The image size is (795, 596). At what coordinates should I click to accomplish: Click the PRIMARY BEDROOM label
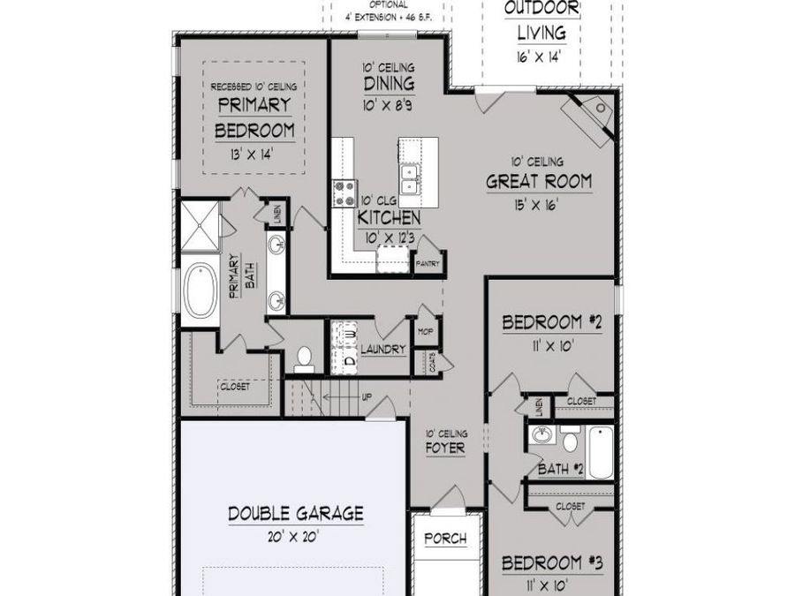click(x=254, y=117)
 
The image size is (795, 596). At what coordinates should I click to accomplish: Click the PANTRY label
click(x=428, y=263)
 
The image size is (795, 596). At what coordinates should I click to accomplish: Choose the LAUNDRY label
click(x=382, y=349)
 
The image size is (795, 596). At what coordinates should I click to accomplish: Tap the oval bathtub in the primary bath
click(x=199, y=292)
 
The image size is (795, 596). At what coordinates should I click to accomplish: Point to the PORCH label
click(x=445, y=539)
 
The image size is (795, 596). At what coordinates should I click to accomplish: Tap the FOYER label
click(x=445, y=448)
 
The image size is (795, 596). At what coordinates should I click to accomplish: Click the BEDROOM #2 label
click(x=552, y=323)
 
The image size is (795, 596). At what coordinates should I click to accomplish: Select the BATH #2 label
click(x=561, y=470)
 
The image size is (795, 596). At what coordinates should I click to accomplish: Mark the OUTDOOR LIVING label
click(x=541, y=20)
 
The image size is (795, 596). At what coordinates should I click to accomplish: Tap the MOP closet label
click(x=425, y=333)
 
